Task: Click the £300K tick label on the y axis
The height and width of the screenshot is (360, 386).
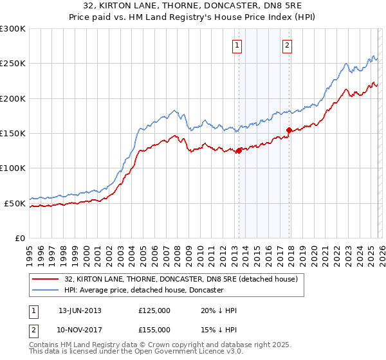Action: (13, 29)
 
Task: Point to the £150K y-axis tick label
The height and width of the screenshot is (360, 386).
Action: (13, 134)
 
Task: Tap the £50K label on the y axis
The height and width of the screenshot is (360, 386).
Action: (15, 203)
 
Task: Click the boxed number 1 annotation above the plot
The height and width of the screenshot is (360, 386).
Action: (238, 45)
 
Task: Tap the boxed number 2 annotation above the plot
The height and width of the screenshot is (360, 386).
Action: (286, 45)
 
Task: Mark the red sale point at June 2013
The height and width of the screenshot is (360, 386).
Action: (239, 150)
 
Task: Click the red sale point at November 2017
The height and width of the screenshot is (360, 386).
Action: (289, 130)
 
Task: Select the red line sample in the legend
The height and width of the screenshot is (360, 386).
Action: (46, 280)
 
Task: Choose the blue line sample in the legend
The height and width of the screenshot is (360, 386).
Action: (46, 291)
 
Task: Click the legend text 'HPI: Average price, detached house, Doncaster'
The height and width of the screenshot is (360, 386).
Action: (143, 291)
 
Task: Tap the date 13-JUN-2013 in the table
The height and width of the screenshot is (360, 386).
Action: (80, 310)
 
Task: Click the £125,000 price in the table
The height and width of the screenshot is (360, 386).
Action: (154, 310)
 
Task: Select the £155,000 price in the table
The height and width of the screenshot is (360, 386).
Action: (154, 330)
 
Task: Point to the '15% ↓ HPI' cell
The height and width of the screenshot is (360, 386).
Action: (219, 330)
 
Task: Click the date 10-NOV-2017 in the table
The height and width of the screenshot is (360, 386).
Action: (80, 330)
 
